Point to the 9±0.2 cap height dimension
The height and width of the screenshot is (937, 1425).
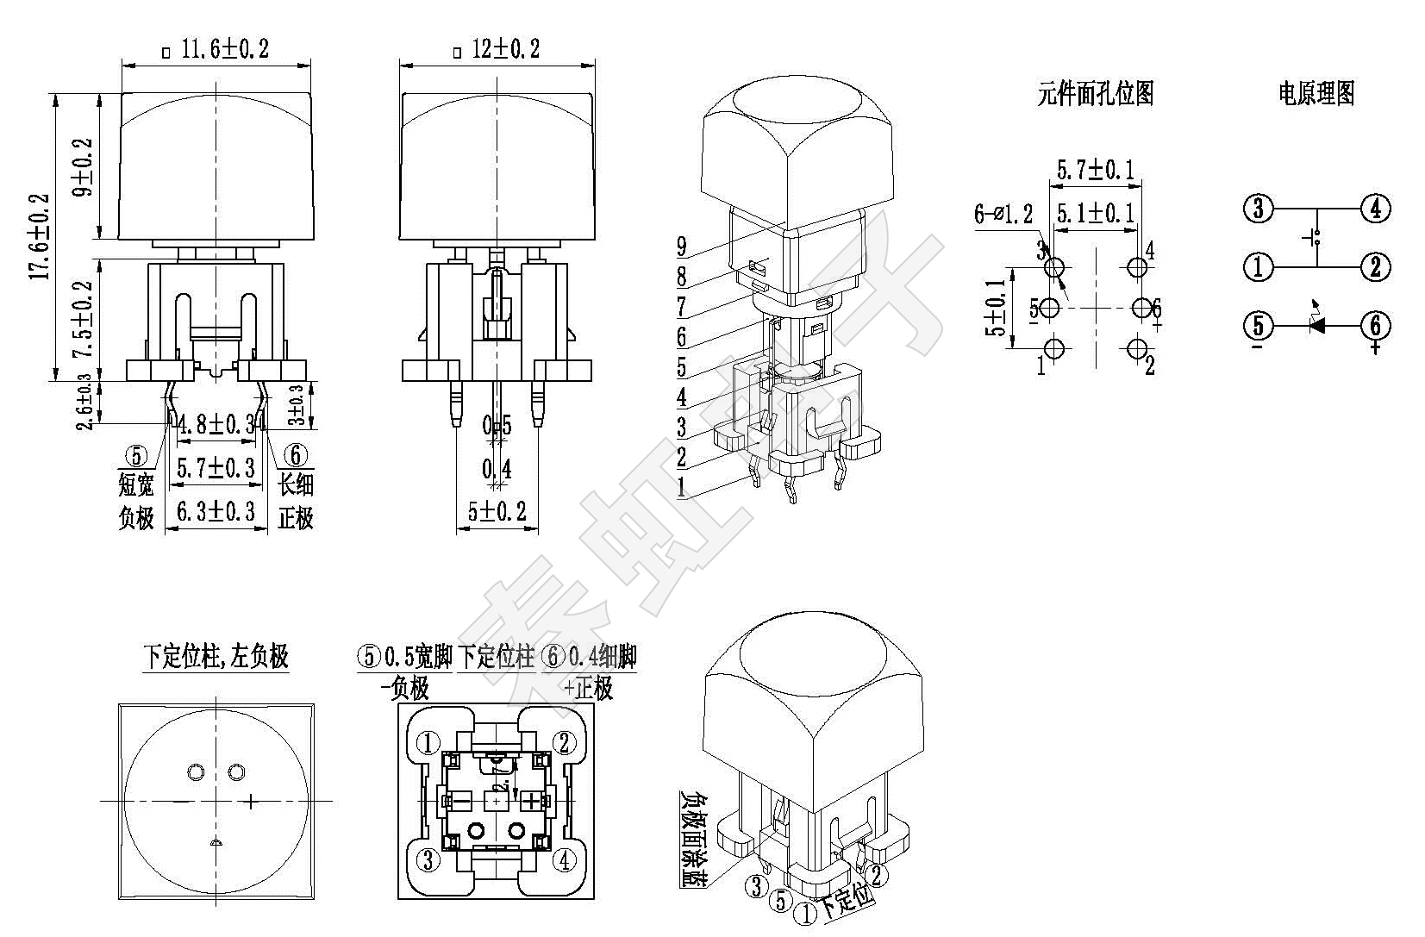pos(83,167)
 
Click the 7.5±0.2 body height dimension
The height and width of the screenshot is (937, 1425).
pos(83,320)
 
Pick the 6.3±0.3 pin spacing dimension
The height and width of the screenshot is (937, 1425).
pos(216,511)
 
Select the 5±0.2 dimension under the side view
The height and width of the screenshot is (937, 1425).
pos(497,511)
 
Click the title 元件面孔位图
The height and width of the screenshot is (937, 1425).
pos(1096,93)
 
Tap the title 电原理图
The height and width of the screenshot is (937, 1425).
pos(1316,93)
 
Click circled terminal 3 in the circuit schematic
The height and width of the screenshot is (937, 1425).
pos(1259,209)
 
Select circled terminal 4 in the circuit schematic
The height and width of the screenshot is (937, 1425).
pos(1376,209)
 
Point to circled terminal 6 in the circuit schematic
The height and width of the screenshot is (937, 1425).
pos(1376,326)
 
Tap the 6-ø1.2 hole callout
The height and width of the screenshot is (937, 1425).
pos(1003,214)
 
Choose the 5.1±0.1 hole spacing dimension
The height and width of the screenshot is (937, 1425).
pos(1096,213)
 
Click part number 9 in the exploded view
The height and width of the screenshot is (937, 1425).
pos(682,247)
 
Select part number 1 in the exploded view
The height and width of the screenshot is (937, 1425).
pos(682,487)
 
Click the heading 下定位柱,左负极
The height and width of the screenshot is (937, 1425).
pos(216,657)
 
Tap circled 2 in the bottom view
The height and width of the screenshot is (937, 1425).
pos(565,742)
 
